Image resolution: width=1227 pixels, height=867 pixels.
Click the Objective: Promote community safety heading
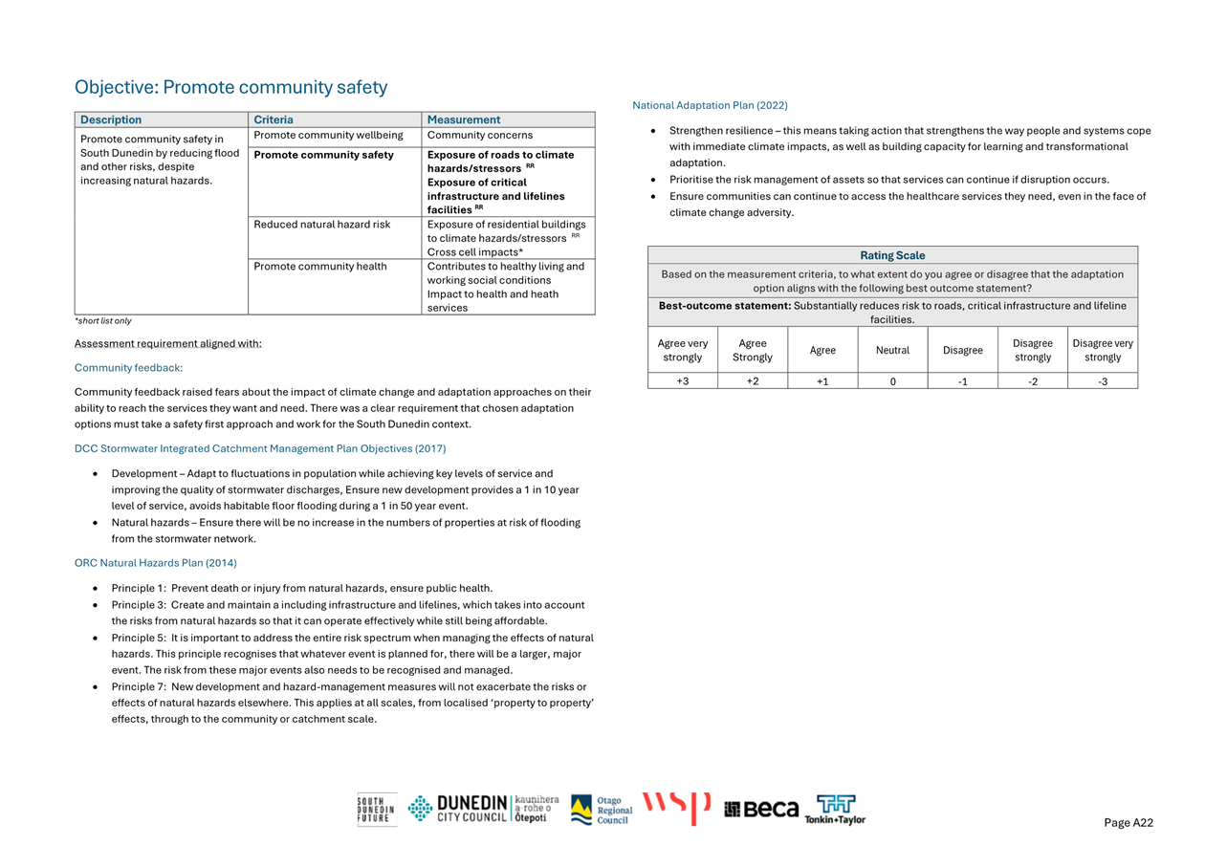pos(231,88)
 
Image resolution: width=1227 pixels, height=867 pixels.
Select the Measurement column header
pos(464,119)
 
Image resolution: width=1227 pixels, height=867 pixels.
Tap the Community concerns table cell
pos(480,136)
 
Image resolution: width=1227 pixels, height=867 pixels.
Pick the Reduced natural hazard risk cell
pos(322,225)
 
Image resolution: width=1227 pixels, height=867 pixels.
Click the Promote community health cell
pos(320,267)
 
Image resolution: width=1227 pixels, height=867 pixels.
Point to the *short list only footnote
pos(103,321)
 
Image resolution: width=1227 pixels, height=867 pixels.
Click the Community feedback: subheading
pos(128,367)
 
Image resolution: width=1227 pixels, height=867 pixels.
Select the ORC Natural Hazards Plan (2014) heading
pos(156,563)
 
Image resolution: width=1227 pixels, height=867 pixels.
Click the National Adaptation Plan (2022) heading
pos(710,105)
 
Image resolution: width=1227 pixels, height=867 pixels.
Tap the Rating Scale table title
pos(892,255)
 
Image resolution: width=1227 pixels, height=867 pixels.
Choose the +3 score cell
pos(683,380)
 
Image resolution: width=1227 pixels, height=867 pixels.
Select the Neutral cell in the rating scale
pos(892,351)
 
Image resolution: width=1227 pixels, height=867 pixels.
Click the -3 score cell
pos(1103,380)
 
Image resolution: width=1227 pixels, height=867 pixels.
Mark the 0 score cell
pos(892,380)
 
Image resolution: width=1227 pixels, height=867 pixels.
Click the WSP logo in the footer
pos(676,809)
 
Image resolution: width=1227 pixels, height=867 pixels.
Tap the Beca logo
pos(761,810)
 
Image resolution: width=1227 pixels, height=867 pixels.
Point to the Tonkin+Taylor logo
pos(835,810)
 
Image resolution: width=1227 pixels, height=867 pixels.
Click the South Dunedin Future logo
pos(377,810)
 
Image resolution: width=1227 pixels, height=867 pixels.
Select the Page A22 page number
pos(1128,823)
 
